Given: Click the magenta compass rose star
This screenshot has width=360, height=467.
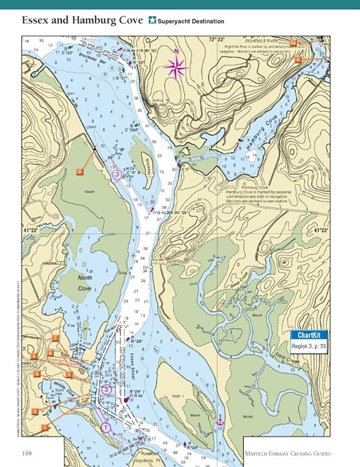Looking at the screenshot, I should coord(176,67).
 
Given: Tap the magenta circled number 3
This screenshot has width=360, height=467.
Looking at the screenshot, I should coord(117,175).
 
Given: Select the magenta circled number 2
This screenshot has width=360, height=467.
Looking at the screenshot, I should coord(106,389).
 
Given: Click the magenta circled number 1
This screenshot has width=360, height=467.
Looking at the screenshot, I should coord(105,426).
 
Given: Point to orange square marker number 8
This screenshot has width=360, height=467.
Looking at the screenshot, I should coord(80,171).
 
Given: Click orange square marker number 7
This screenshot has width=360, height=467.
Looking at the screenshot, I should coord(55,338).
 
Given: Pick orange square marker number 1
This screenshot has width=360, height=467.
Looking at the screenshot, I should coord(45,426).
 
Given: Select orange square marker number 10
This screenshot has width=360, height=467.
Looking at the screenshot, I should coord(293,42).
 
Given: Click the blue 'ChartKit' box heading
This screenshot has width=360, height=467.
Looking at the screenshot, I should coord(309,335).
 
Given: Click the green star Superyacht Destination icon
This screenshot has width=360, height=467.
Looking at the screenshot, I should coord(152,21).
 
